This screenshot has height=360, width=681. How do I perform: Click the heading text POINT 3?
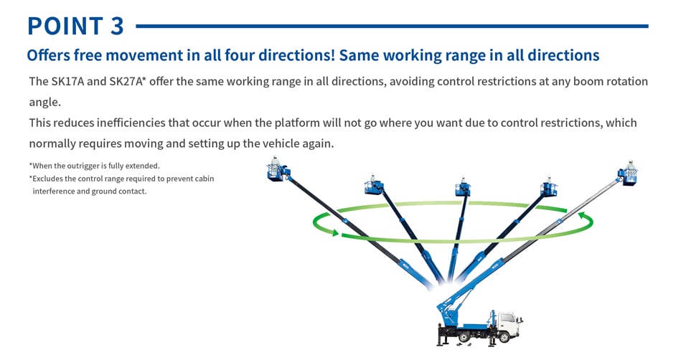click(75, 26)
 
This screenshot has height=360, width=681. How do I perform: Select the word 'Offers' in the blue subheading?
click(47, 55)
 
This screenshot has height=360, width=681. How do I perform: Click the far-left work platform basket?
click(276, 170)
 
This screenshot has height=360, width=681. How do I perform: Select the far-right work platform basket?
click(629, 174)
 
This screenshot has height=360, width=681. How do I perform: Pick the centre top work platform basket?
click(463, 187)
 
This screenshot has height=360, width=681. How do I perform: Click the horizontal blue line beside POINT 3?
click(391, 27)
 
